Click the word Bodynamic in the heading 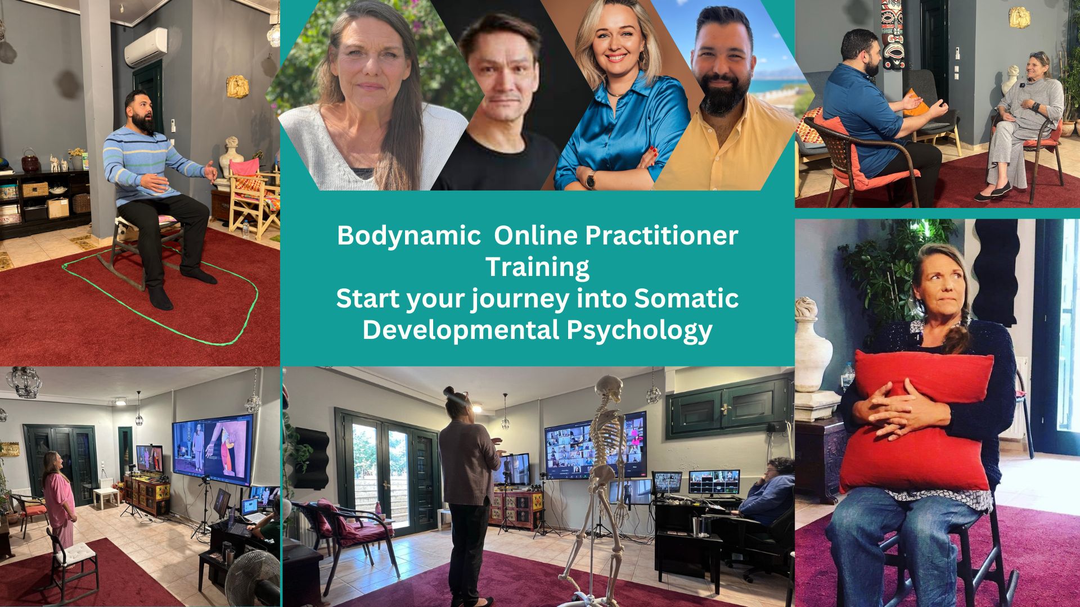click(x=408, y=236)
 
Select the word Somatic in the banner click(x=686, y=298)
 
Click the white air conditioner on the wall click(x=146, y=47)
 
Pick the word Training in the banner click(x=537, y=267)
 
